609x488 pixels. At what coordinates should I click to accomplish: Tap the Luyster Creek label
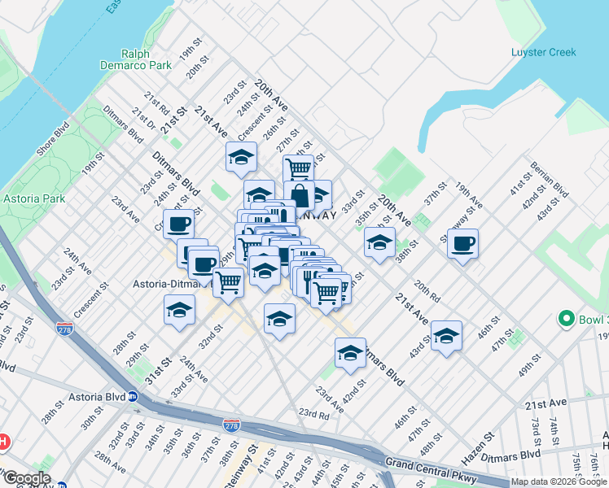pyautogui.click(x=543, y=52)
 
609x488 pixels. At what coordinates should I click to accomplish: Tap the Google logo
pyautogui.click(x=27, y=478)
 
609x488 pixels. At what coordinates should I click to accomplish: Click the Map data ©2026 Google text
pyautogui.click(x=559, y=481)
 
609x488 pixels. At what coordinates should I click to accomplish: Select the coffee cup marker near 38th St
pyautogui.click(x=463, y=243)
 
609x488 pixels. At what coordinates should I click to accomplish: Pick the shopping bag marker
pyautogui.click(x=299, y=195)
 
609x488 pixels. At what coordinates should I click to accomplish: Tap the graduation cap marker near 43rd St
pyautogui.click(x=446, y=336)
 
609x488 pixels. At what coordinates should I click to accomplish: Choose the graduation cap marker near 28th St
pyautogui.click(x=180, y=310)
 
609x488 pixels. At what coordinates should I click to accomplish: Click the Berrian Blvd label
pyautogui.click(x=549, y=179)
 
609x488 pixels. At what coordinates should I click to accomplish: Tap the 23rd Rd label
pyautogui.click(x=313, y=414)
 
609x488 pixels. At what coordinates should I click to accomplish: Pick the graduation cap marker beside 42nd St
pyautogui.click(x=350, y=353)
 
